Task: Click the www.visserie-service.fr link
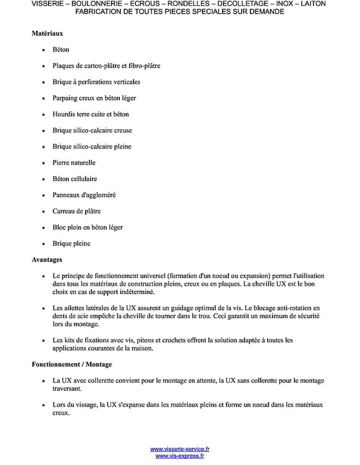pyautogui.click(x=180, y=449)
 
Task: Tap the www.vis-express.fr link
pyautogui.click(x=180, y=456)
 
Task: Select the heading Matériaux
pyautogui.click(x=47, y=34)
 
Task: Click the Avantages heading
pyautogui.click(x=47, y=260)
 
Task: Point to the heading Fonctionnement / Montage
pyautogui.click(x=72, y=364)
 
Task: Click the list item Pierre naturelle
pyautogui.click(x=74, y=163)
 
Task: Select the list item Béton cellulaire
pyautogui.click(x=75, y=179)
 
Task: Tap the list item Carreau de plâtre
pyautogui.click(x=77, y=211)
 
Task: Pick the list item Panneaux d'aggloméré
pyautogui.click(x=84, y=195)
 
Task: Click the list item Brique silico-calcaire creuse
pyautogui.click(x=92, y=131)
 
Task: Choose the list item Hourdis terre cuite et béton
pyautogui.click(x=91, y=114)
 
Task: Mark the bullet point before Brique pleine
pyautogui.click(x=44, y=244)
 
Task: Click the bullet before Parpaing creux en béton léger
pyautogui.click(x=44, y=98)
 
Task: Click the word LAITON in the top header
pyautogui.click(x=314, y=4)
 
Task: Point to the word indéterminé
pyautogui.click(x=133, y=292)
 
